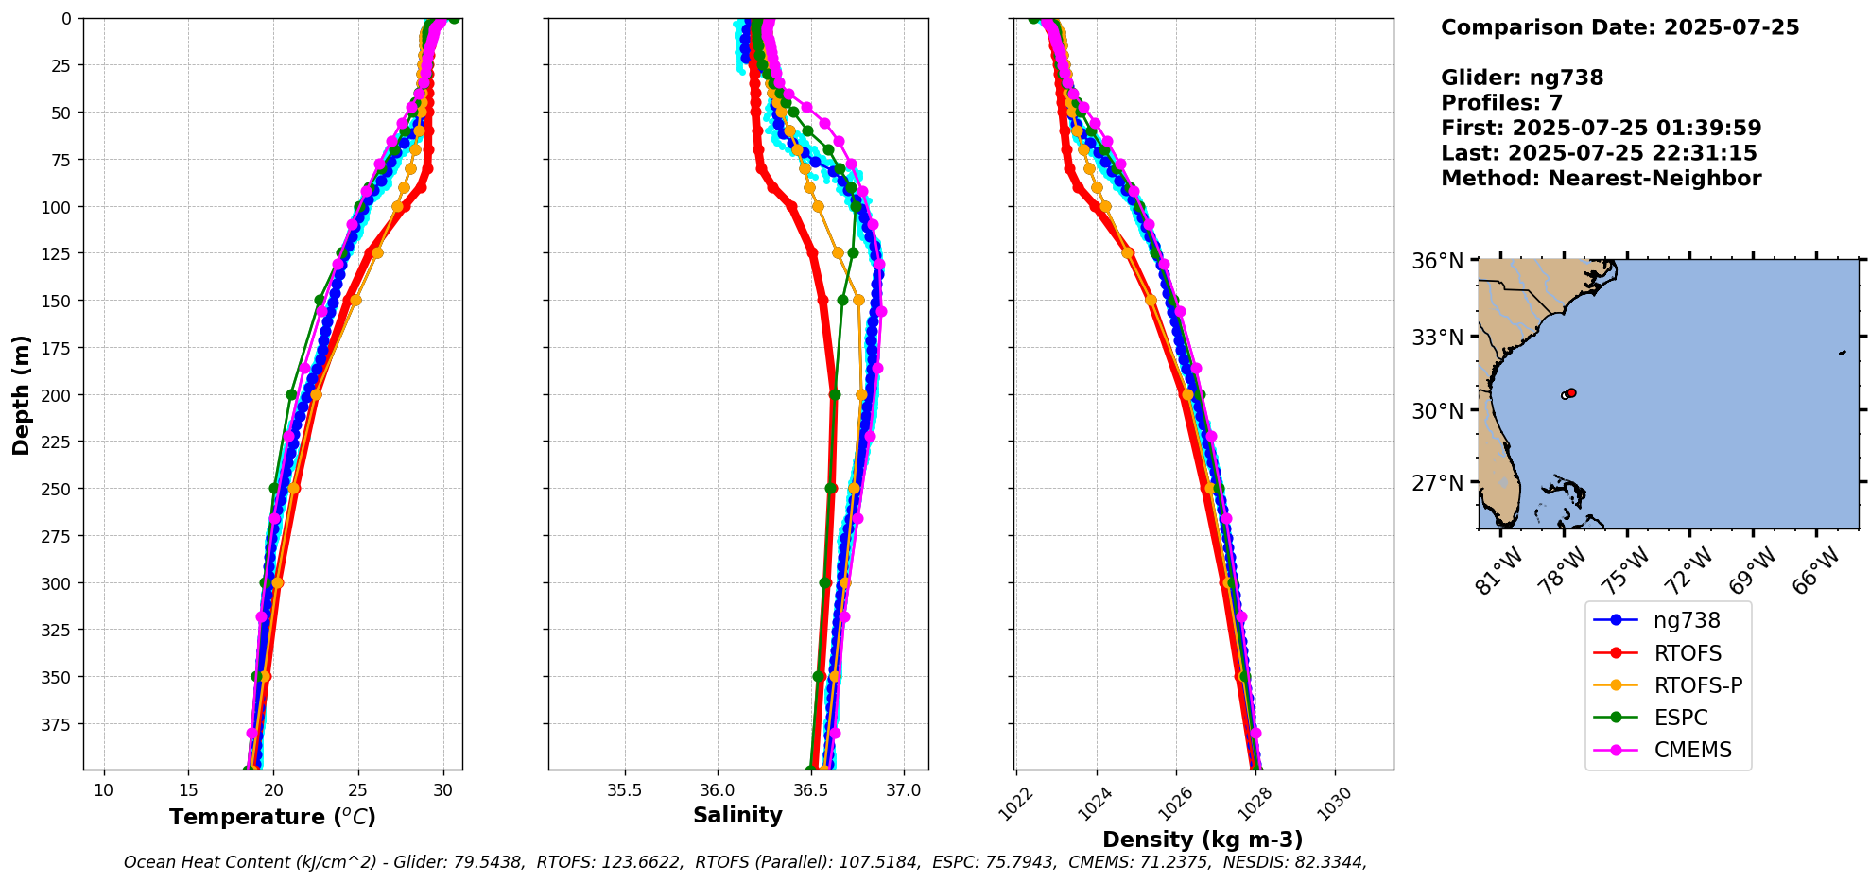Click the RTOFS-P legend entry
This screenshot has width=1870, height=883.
1697,685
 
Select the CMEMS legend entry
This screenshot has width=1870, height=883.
1692,750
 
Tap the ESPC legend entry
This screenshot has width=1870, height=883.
1680,718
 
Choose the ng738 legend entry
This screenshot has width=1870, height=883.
1687,621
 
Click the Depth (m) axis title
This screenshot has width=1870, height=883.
22,394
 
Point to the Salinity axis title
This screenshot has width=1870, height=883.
737,815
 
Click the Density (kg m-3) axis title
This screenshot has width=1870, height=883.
1203,840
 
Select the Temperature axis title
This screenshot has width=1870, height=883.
272,817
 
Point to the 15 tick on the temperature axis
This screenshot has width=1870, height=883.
188,790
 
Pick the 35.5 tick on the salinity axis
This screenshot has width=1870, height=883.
624,790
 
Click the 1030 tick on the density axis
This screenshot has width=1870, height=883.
1333,806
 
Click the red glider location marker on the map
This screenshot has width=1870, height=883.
1571,392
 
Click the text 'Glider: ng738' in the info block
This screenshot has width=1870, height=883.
1521,78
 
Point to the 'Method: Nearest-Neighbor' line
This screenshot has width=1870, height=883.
1601,179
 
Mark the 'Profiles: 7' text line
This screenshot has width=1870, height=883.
1501,103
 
